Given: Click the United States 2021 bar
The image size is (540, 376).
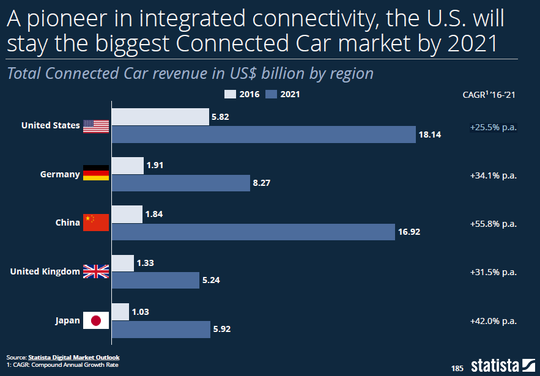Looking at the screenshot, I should tap(264, 135).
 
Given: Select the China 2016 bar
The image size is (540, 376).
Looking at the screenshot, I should tap(127, 214).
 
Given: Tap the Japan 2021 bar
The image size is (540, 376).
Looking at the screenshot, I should tap(161, 330).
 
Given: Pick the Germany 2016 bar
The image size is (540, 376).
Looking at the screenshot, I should tap(128, 165).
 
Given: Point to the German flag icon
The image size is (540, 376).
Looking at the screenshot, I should tap(96, 173).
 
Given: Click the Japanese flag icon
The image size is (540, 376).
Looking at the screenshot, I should tap(96, 320).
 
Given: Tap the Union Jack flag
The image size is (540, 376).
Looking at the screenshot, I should tap(96, 271).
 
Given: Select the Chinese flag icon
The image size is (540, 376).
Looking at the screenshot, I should tap(96, 222).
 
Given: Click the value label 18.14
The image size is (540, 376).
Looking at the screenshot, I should tap(430, 135).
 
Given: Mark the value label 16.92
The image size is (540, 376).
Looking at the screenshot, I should tap(409, 232).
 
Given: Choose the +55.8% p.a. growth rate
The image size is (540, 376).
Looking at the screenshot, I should tap(494, 224).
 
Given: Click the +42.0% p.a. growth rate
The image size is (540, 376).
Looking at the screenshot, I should tap(494, 321).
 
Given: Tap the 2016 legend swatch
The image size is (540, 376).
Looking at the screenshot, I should tap(231, 94).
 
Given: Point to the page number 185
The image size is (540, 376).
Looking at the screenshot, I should tap(457, 368).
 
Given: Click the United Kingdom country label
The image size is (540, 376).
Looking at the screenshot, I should tap(45, 271).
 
